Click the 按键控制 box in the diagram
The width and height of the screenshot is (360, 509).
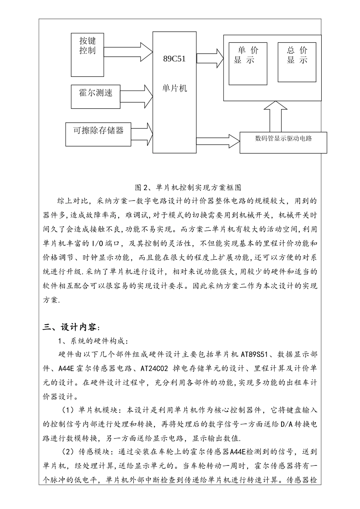click(x=87, y=55)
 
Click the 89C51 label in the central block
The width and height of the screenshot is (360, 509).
click(x=174, y=59)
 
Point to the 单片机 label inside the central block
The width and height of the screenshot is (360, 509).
click(x=174, y=88)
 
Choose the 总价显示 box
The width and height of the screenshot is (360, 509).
click(x=297, y=62)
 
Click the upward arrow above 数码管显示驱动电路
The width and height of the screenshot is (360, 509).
click(x=275, y=117)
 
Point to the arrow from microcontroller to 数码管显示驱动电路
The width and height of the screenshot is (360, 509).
click(x=218, y=141)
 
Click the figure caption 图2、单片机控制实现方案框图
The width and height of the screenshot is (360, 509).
click(x=188, y=187)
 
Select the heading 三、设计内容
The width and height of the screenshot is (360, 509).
click(x=71, y=327)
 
